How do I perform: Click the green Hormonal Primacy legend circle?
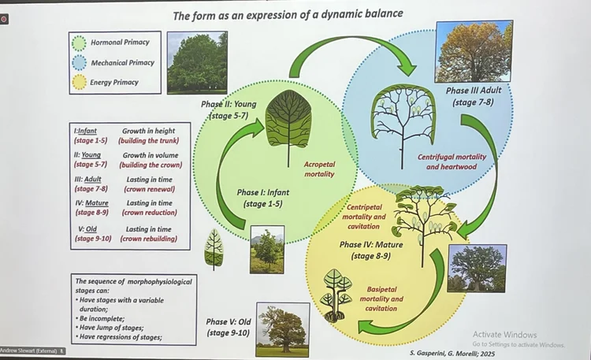click(79, 43)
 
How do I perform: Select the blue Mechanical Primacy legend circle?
click(79, 62)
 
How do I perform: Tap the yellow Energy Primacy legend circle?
click(79, 82)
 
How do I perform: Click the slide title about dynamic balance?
click(288, 13)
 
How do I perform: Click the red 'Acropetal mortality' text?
click(319, 169)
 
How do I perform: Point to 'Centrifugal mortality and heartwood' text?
click(452, 161)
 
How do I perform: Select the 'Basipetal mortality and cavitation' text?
click(381, 299)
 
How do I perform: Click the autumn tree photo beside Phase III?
click(473, 52)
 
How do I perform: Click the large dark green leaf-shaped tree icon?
click(288, 118)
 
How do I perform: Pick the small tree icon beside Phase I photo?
click(214, 249)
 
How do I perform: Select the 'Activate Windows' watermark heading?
click(504, 334)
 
